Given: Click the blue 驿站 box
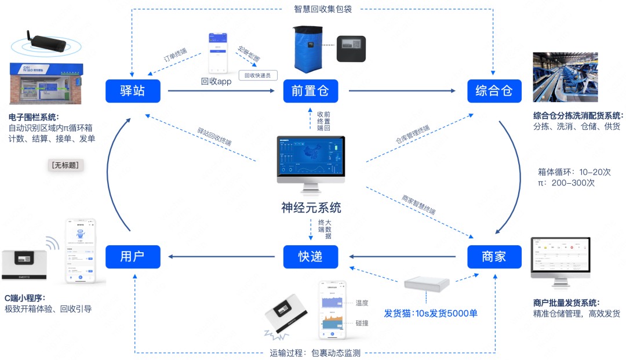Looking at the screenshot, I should tap(133, 91).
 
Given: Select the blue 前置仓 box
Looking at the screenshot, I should tap(311, 91).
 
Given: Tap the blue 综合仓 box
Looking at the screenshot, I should tap(494, 91).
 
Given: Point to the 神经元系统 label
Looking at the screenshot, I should tap(311, 207).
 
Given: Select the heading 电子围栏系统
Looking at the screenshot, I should tap(34, 117).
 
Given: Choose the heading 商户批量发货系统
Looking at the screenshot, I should tap(566, 303).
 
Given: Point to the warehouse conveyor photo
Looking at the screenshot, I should tap(565, 77).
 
